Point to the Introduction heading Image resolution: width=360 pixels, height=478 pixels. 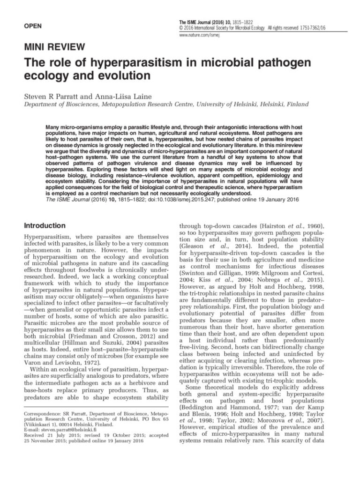pos(45,225)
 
